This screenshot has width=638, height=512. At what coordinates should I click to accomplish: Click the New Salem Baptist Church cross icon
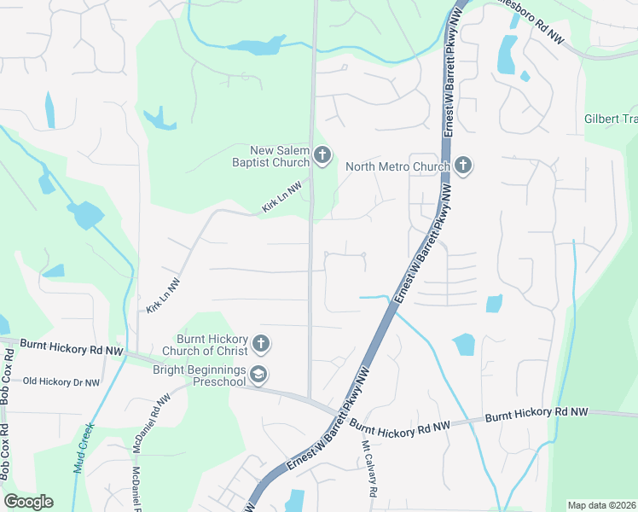click(x=322, y=155)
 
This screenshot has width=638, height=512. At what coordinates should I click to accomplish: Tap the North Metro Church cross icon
click(x=463, y=166)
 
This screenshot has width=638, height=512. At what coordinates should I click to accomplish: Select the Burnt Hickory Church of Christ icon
click(x=261, y=344)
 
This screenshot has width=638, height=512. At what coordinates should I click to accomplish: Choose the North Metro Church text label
click(x=397, y=166)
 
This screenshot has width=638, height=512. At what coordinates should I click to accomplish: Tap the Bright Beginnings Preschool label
click(x=199, y=375)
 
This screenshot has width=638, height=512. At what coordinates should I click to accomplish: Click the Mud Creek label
click(x=83, y=449)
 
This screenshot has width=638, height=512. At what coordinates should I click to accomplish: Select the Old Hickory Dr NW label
click(x=61, y=382)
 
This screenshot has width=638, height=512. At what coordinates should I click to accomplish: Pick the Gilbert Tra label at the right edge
click(x=611, y=119)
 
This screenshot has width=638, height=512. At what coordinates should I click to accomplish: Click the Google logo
click(x=28, y=502)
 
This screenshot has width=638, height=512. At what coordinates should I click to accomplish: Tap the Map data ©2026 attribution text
click(x=601, y=505)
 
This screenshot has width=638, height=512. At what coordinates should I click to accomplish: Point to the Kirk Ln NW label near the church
click(x=282, y=197)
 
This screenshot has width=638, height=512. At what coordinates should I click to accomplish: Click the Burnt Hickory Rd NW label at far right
click(x=536, y=414)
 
